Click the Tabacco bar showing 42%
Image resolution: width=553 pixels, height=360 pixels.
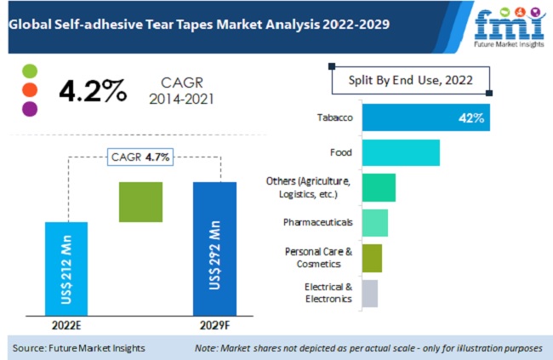coord(425,117)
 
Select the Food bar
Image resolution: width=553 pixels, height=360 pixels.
coord(401,152)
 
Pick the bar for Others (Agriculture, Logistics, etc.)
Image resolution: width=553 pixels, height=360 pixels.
coord(379,187)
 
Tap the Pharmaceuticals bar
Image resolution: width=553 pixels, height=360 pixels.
coord(375,222)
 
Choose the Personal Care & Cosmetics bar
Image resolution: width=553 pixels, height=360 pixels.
coord(372,257)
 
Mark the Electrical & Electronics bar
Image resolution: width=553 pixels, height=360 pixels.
coord(370,293)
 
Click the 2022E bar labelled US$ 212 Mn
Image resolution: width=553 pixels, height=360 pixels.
coord(66,268)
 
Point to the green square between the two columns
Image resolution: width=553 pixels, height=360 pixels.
coord(140,202)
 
